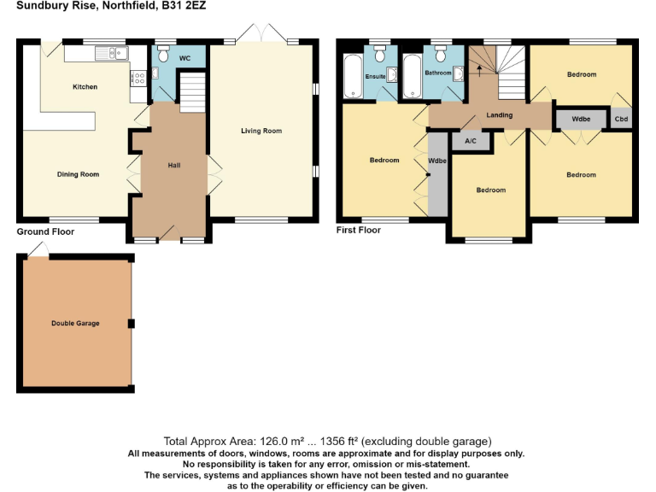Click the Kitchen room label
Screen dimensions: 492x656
tap(85, 87)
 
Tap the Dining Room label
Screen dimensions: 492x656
tap(78, 174)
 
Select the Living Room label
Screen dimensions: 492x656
tap(261, 131)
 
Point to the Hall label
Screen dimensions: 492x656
tap(174, 165)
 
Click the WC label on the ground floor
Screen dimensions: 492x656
tap(184, 59)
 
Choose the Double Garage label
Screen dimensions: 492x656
tap(75, 324)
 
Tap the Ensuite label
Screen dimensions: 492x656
tap(376, 77)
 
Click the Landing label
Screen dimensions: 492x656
tap(500, 114)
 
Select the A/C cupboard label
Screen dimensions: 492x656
tap(471, 141)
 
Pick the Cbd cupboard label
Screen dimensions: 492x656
tap(621, 120)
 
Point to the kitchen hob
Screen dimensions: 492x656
tap(137, 79)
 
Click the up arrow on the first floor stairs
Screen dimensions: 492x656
tap(480, 67)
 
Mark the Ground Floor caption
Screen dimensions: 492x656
tap(45, 231)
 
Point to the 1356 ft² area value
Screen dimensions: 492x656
tap(342, 442)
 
